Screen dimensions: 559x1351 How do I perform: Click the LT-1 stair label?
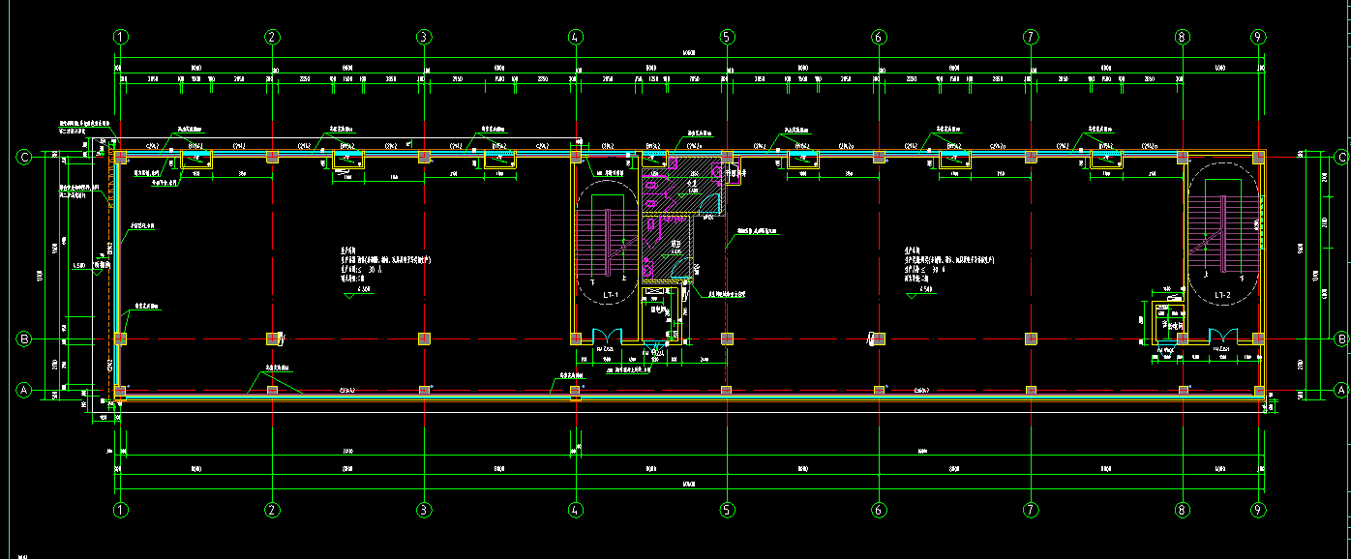click(x=611, y=293)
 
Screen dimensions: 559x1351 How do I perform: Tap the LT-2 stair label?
click(x=1221, y=294)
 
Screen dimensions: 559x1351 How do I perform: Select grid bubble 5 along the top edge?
click(x=727, y=37)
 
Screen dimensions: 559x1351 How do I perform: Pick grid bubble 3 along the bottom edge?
click(x=423, y=510)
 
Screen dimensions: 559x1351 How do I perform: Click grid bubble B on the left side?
click(x=25, y=339)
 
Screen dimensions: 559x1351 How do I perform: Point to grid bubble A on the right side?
click(x=1341, y=390)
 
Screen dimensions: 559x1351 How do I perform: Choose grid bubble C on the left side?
click(x=25, y=157)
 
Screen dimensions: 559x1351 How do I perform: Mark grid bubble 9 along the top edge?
click(x=1258, y=37)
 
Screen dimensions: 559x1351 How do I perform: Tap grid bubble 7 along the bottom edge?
click(x=1031, y=510)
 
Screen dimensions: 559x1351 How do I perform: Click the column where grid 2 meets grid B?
click(x=272, y=338)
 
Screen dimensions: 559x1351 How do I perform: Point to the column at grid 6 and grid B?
click(x=879, y=338)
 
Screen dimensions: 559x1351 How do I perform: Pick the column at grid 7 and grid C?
click(x=1031, y=156)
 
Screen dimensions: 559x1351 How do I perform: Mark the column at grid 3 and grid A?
click(x=424, y=390)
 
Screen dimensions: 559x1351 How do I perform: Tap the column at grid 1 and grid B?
click(x=121, y=338)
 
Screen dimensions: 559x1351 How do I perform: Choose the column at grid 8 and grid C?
click(x=1182, y=156)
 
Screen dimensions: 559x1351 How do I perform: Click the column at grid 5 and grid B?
click(x=727, y=338)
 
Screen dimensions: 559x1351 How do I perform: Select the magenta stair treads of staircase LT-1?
click(x=591, y=241)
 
